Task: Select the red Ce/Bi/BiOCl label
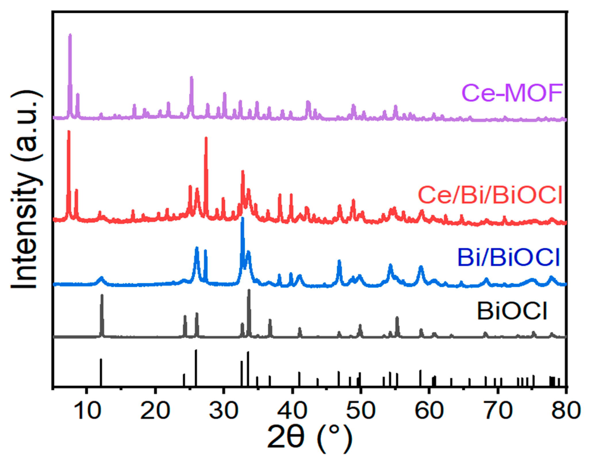490,195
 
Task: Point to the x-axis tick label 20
156,410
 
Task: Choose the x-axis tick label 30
224,410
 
